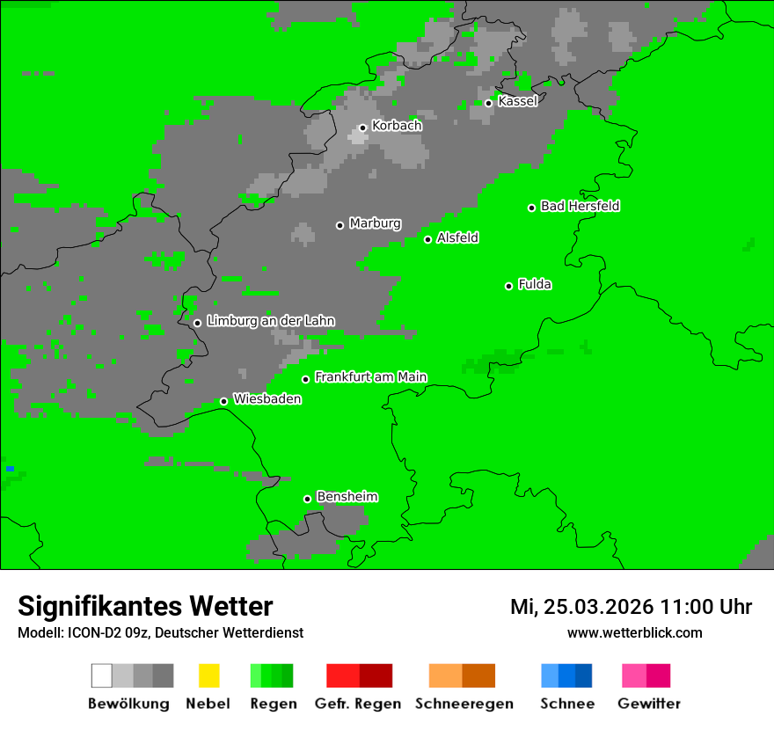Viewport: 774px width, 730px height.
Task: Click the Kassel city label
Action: pos(517,101)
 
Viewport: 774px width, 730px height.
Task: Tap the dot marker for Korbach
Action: pos(362,128)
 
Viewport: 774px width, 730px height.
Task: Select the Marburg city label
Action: pos(375,223)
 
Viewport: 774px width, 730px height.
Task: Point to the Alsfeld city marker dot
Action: pos(428,239)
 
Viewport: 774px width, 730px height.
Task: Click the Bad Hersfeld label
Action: pos(580,207)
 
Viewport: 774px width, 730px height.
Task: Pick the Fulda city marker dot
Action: pos(509,286)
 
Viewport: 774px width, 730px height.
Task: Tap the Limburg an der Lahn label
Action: pos(271,321)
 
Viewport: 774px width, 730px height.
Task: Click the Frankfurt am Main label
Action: pos(370,377)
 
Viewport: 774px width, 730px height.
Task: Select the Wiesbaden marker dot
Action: pos(224,401)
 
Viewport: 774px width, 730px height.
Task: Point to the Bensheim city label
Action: pos(347,497)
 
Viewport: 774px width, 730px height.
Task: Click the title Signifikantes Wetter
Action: pos(145,606)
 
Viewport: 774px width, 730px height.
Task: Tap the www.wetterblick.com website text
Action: pos(634,632)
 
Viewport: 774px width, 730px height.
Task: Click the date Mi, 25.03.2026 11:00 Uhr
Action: pos(631,607)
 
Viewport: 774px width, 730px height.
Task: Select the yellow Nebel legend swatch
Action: pos(208,675)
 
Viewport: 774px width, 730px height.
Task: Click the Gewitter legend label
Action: pos(649,704)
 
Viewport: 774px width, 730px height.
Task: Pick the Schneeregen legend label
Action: pos(464,704)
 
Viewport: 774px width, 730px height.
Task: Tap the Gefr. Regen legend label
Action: pos(358,704)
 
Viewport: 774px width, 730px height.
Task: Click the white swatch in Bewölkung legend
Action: pos(102,675)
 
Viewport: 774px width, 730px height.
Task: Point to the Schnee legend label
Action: pos(567,704)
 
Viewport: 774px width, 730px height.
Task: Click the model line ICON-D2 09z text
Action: pos(160,632)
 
